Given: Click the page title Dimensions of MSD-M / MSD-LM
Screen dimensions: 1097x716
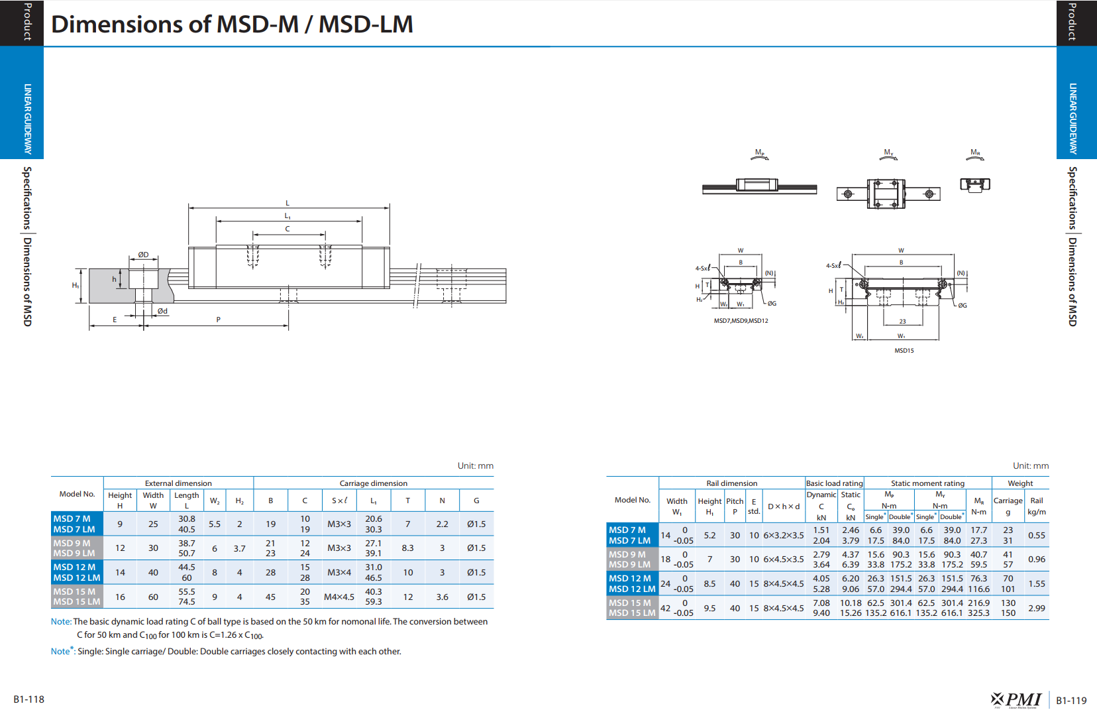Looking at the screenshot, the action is pyautogui.click(x=232, y=24).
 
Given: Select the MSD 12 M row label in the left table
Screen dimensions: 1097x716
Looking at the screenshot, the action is pyautogui.click(x=74, y=567).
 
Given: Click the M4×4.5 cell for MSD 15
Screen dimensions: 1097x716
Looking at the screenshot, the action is pyautogui.click(x=339, y=597).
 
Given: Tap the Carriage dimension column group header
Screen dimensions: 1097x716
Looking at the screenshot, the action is pyautogui.click(x=373, y=483).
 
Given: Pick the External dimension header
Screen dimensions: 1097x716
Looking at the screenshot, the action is pyautogui.click(x=178, y=483).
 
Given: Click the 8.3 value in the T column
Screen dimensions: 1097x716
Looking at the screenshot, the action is pyautogui.click(x=407, y=548).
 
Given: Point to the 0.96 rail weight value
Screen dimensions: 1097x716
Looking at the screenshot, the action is pyautogui.click(x=1037, y=559).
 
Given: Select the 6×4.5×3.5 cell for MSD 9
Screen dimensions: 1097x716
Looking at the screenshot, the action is pyautogui.click(x=784, y=559).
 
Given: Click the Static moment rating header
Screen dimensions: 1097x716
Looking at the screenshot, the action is pyautogui.click(x=927, y=483).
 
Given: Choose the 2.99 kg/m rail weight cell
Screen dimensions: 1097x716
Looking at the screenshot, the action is pyautogui.click(x=1037, y=608).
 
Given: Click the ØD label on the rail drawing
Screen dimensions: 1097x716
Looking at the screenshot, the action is pyautogui.click(x=143, y=255).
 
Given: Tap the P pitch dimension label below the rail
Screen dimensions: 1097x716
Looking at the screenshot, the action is pyautogui.click(x=219, y=320).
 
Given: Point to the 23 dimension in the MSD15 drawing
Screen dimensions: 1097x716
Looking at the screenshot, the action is pyautogui.click(x=903, y=322).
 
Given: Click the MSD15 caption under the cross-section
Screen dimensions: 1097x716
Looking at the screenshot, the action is pyautogui.click(x=904, y=351).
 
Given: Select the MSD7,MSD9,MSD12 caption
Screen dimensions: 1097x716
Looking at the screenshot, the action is pyautogui.click(x=741, y=320).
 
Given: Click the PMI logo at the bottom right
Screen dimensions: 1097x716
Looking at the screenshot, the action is pyautogui.click(x=1016, y=700).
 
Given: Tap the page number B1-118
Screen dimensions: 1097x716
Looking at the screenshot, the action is pyautogui.click(x=29, y=699).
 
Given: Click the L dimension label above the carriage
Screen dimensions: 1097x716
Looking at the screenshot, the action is pyautogui.click(x=287, y=203).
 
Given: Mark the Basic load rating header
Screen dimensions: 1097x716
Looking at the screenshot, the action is pyautogui.click(x=835, y=483).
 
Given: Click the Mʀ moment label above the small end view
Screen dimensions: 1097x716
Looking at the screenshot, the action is pyautogui.click(x=976, y=152).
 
